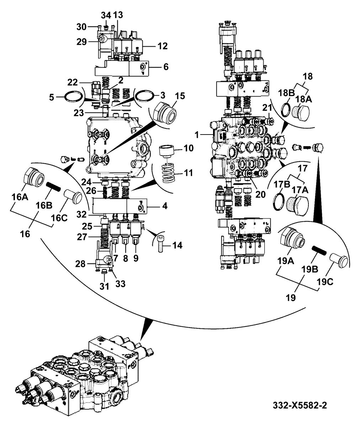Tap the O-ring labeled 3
(x=144, y=96)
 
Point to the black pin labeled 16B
(x=53, y=187)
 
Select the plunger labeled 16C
(x=73, y=195)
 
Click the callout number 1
(x=197, y=135)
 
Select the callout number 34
(x=106, y=15)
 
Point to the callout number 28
(x=80, y=264)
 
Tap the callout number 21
(x=267, y=108)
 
